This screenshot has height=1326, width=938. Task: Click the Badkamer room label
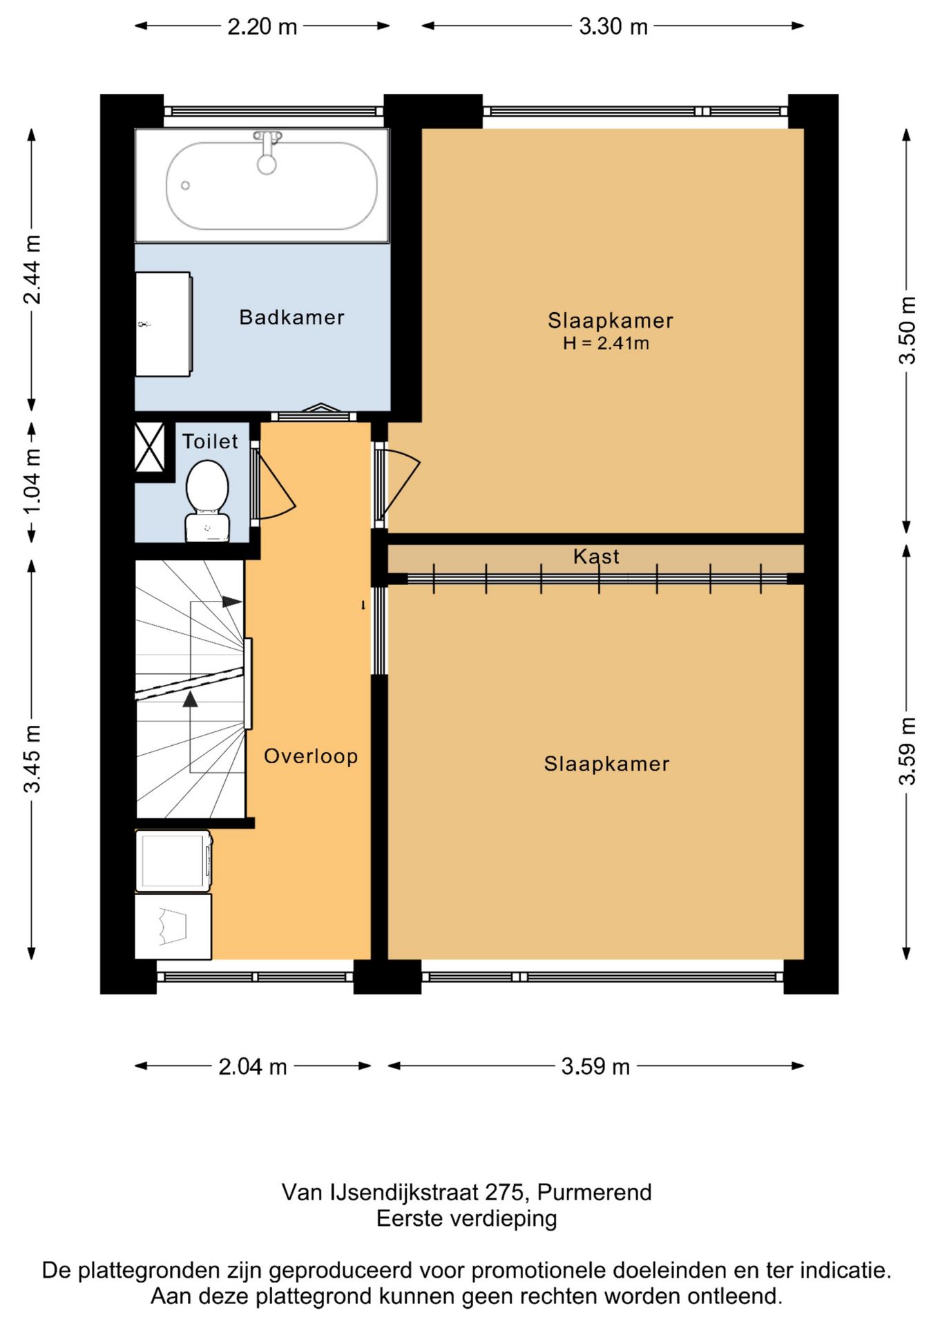click(291, 317)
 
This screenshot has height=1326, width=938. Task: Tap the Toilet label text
click(210, 441)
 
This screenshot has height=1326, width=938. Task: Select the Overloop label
click(311, 756)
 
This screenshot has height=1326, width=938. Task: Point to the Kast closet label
click(596, 556)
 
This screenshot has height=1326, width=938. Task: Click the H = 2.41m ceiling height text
click(606, 343)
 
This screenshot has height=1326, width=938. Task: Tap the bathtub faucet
click(267, 152)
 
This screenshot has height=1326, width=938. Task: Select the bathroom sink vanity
click(164, 324)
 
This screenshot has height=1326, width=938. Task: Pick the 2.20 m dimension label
click(262, 27)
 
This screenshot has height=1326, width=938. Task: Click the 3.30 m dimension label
click(613, 27)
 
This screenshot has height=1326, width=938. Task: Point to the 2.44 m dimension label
click(32, 269)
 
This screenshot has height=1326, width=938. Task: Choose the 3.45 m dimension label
click(32, 758)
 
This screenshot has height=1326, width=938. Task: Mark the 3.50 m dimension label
click(907, 330)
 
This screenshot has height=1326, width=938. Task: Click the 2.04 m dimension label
click(253, 1067)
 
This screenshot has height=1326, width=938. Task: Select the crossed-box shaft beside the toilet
click(149, 448)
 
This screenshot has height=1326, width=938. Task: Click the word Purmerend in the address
click(594, 1193)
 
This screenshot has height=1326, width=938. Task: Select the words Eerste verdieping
click(467, 1219)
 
